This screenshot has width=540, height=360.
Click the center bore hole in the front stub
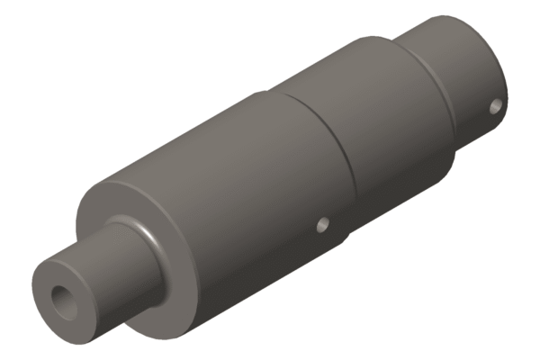point(65,300)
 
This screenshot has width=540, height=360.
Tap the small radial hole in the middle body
point(322,224)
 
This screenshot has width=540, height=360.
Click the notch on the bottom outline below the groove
point(347,241)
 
